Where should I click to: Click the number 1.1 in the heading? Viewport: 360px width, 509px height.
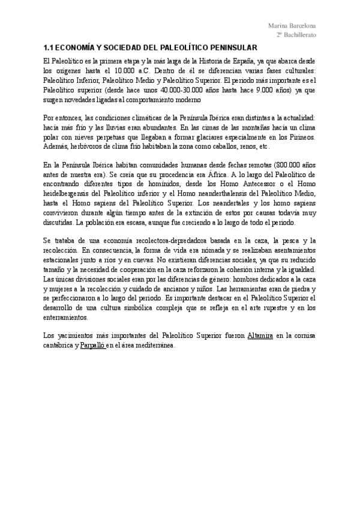coord(50,48)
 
